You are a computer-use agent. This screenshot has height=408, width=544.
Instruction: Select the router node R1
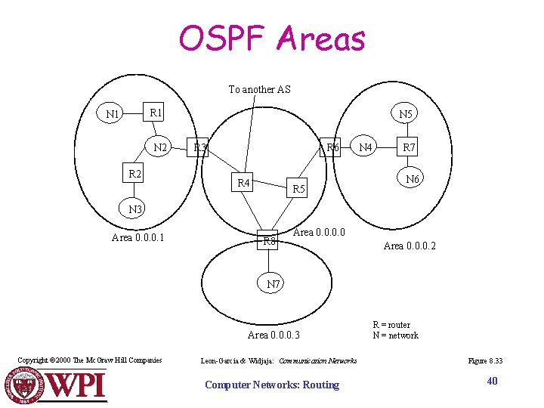(156, 113)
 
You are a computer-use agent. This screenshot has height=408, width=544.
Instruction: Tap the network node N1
(113, 115)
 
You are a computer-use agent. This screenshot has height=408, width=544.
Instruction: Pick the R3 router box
(200, 147)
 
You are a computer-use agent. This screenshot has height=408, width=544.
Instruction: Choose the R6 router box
(332, 147)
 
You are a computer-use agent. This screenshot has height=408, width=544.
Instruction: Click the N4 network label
(366, 147)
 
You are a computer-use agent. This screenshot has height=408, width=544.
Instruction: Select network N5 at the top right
(406, 115)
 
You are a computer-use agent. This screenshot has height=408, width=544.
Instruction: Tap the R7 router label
(409, 147)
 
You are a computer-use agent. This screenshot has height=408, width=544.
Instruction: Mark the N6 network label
(413, 179)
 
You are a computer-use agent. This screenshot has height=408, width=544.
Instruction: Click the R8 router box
(269, 241)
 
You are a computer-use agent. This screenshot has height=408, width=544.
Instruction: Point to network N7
(274, 284)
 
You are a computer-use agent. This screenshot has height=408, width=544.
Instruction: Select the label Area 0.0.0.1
(138, 238)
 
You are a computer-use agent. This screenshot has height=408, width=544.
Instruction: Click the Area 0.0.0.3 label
(274, 335)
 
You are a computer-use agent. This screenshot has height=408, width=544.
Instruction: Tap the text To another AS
(259, 89)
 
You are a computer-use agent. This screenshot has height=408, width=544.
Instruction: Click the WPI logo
(57, 385)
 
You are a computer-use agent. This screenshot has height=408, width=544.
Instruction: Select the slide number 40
(492, 381)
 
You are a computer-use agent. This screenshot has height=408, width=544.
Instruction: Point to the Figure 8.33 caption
(485, 361)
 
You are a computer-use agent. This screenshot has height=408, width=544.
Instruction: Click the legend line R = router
(391, 325)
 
